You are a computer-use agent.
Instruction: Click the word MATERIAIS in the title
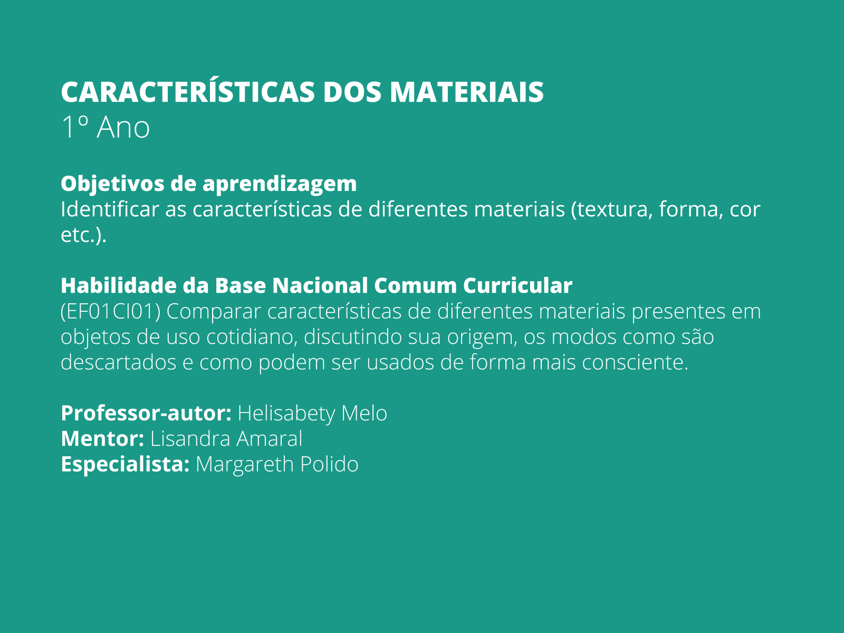467,93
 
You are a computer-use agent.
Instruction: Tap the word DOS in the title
352,93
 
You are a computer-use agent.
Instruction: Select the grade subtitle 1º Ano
105,127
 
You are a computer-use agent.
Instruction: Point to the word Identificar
110,209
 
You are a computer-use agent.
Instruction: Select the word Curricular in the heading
517,285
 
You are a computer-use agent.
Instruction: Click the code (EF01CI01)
110,312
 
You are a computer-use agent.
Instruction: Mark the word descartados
119,362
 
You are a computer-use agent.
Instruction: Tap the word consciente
635,362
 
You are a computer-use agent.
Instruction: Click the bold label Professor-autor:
146,413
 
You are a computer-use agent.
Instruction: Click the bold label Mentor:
102,438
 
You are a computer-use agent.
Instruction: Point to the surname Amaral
269,438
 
